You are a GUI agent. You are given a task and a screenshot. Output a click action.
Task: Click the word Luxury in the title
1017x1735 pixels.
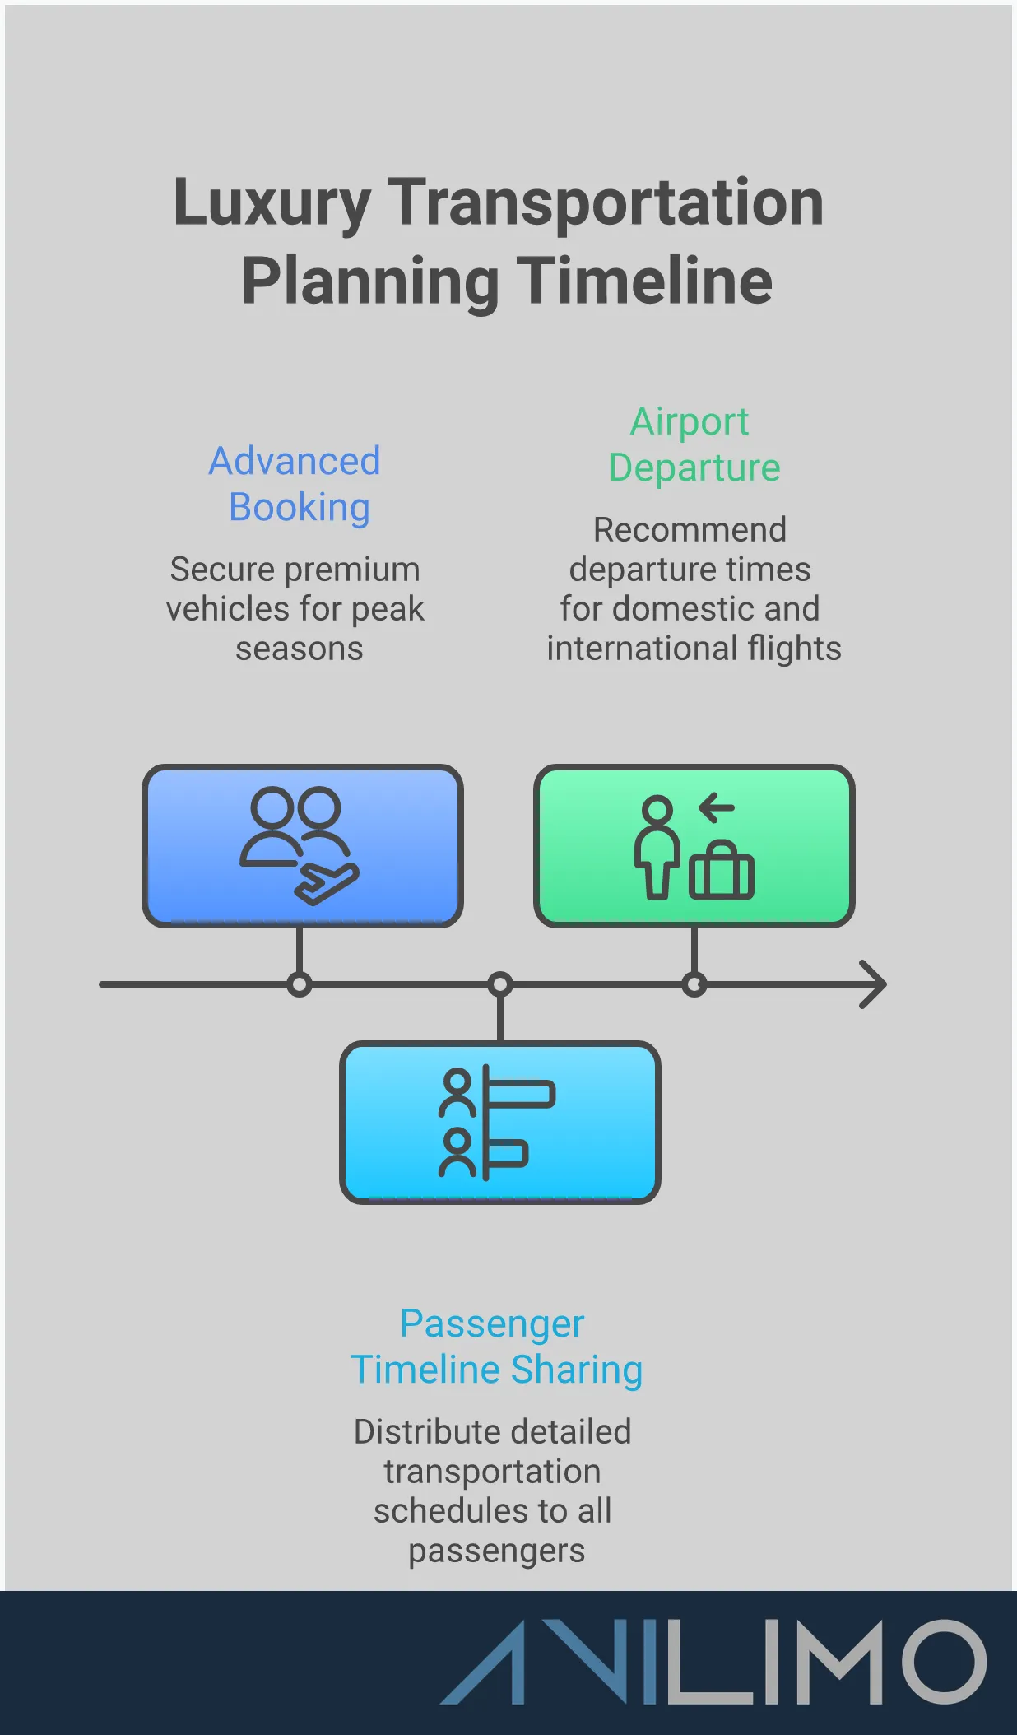point(272,203)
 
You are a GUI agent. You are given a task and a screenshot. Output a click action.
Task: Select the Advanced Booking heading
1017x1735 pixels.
point(295,484)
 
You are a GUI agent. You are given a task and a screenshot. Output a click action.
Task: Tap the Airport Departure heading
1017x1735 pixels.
point(693,444)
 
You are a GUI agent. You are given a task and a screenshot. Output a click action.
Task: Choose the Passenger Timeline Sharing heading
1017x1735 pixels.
point(496,1347)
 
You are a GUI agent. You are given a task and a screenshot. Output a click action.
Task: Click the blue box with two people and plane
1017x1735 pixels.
point(303,845)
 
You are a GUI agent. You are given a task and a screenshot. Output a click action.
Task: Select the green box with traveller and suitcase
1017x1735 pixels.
point(694,845)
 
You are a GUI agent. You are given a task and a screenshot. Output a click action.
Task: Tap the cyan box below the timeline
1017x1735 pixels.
point(499,1122)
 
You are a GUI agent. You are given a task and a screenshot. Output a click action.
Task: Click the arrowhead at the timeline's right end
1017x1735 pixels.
point(874,984)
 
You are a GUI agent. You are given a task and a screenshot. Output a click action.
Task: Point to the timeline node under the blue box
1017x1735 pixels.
point(300,984)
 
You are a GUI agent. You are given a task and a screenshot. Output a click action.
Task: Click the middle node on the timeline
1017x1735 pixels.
point(499,984)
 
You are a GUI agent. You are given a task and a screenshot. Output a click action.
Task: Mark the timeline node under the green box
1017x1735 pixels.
point(694,984)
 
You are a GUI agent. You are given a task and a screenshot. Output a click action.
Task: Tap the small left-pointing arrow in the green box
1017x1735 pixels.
point(717,807)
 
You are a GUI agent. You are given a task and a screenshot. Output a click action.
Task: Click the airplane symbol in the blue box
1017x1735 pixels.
point(327,884)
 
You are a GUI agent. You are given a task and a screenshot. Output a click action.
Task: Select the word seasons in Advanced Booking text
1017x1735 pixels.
point(300,649)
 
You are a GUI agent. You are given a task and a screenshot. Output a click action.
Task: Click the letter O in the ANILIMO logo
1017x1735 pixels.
point(943,1661)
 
